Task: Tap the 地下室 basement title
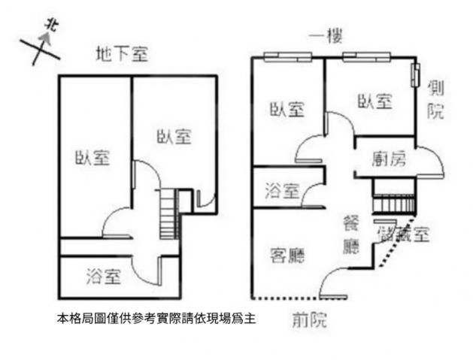(x=122, y=54)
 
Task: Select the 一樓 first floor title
(x=326, y=37)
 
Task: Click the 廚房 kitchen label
(x=389, y=159)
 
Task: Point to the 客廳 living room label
(x=287, y=256)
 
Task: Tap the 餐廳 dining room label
(x=351, y=235)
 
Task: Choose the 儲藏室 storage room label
(x=403, y=234)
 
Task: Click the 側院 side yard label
(x=435, y=99)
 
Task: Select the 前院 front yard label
(x=310, y=319)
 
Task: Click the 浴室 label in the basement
(x=104, y=276)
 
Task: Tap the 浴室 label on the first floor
(x=282, y=191)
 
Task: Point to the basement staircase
(x=168, y=213)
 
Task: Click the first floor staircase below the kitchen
(x=394, y=204)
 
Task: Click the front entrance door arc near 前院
(x=332, y=282)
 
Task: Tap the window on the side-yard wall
(x=417, y=75)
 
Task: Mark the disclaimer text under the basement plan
(x=156, y=319)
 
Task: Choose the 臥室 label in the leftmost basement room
(x=92, y=157)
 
